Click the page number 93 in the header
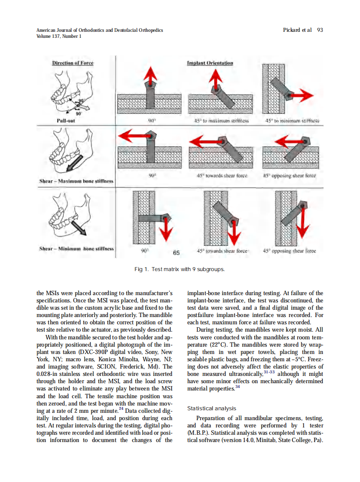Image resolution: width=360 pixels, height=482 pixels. (320, 30)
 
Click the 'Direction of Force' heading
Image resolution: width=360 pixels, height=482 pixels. (73, 63)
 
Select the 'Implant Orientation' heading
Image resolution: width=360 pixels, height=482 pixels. (210, 63)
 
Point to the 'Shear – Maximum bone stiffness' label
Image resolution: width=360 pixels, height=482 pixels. (76, 181)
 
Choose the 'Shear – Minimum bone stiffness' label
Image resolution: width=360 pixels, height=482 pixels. (76, 248)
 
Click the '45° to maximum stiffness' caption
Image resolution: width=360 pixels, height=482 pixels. (222, 121)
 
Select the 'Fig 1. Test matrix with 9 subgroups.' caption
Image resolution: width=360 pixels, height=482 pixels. (180, 269)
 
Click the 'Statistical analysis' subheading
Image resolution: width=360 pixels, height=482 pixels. (212, 408)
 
